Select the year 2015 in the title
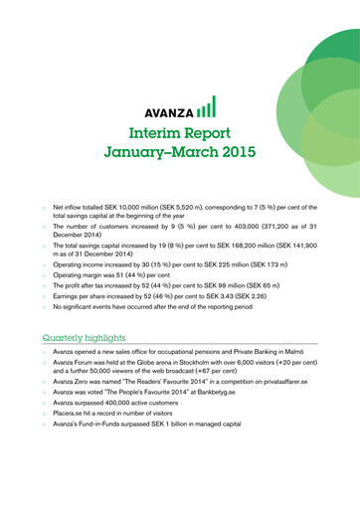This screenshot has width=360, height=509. coord(233,153)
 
